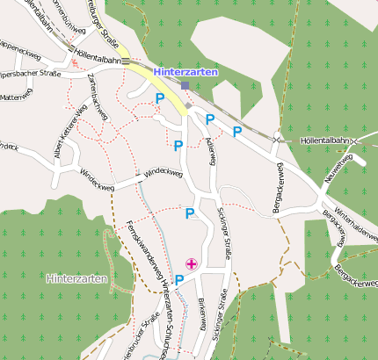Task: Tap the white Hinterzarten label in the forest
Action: click(x=76, y=278)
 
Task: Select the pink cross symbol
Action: click(x=191, y=263)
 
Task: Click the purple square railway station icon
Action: click(x=185, y=85)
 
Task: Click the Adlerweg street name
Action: click(x=210, y=151)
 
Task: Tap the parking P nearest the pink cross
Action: click(x=180, y=280)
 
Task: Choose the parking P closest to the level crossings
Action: click(x=237, y=132)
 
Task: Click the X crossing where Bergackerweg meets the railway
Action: click(x=277, y=139)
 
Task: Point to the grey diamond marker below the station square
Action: click(x=189, y=106)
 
